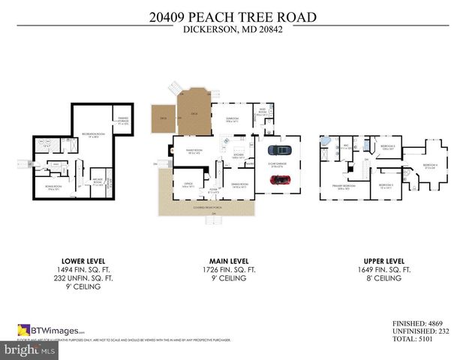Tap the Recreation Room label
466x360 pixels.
click(x=91, y=136)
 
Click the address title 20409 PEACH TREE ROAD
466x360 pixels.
click(x=233, y=16)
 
